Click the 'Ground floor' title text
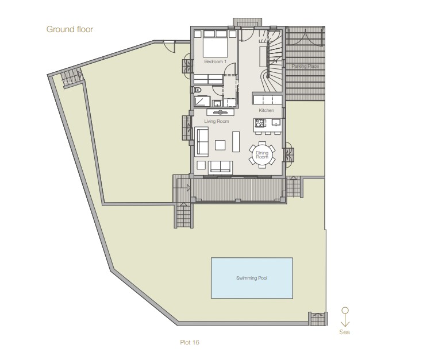click(x=70, y=29)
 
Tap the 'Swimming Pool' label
click(x=252, y=278)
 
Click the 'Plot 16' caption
click(x=190, y=342)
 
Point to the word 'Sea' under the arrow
click(x=344, y=332)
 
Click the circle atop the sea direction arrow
click(x=345, y=310)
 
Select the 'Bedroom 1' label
click(x=215, y=61)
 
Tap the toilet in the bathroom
click(x=198, y=90)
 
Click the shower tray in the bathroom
click(x=202, y=101)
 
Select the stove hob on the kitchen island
click(x=260, y=123)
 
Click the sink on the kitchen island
click(x=276, y=122)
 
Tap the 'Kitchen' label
click(x=266, y=110)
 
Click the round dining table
click(x=262, y=155)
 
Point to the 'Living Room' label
click(x=217, y=121)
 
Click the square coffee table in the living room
click(x=220, y=145)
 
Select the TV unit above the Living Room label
click(x=220, y=112)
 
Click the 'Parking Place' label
click(x=305, y=66)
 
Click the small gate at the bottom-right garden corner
click(x=318, y=319)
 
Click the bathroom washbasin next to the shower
click(x=217, y=103)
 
